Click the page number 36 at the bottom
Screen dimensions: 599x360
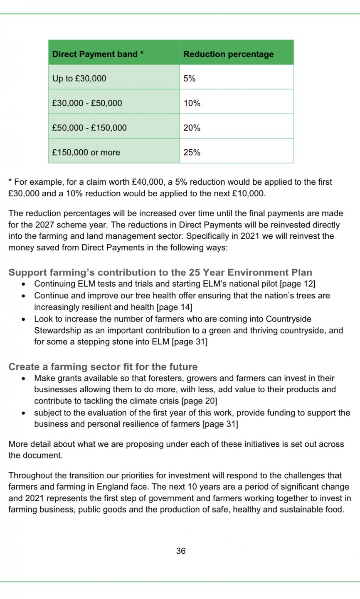tap(180, 551)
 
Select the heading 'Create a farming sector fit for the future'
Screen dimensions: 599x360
tap(103, 367)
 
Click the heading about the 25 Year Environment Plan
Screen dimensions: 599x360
tap(160, 272)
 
